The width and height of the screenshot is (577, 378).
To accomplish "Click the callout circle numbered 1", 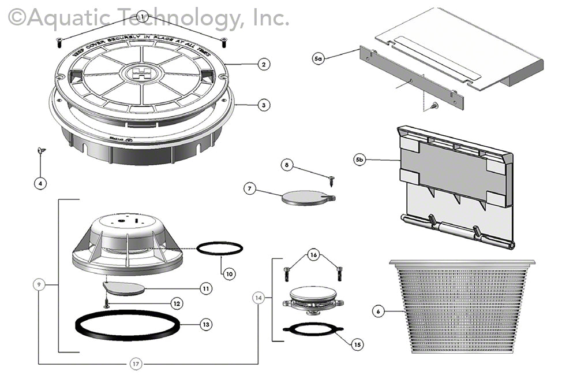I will point(142,17).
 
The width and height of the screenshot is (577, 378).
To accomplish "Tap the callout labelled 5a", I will point(319,58).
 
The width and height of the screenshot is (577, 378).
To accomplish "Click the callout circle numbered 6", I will point(378,312).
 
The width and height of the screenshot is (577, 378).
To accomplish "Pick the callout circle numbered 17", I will point(135,364).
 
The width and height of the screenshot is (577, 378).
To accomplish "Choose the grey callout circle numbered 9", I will point(39,284).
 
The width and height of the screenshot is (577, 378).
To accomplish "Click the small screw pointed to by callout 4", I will point(41,151).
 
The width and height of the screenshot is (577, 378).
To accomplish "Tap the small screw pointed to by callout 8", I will point(332,181).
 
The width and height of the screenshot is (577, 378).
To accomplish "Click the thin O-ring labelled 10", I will point(220,247).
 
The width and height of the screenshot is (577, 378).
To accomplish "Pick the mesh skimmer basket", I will point(462,306).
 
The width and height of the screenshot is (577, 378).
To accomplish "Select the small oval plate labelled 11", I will point(123,287).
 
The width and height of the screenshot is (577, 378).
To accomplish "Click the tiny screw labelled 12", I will point(106,302).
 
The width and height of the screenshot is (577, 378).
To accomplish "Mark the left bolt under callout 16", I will point(286,273).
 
